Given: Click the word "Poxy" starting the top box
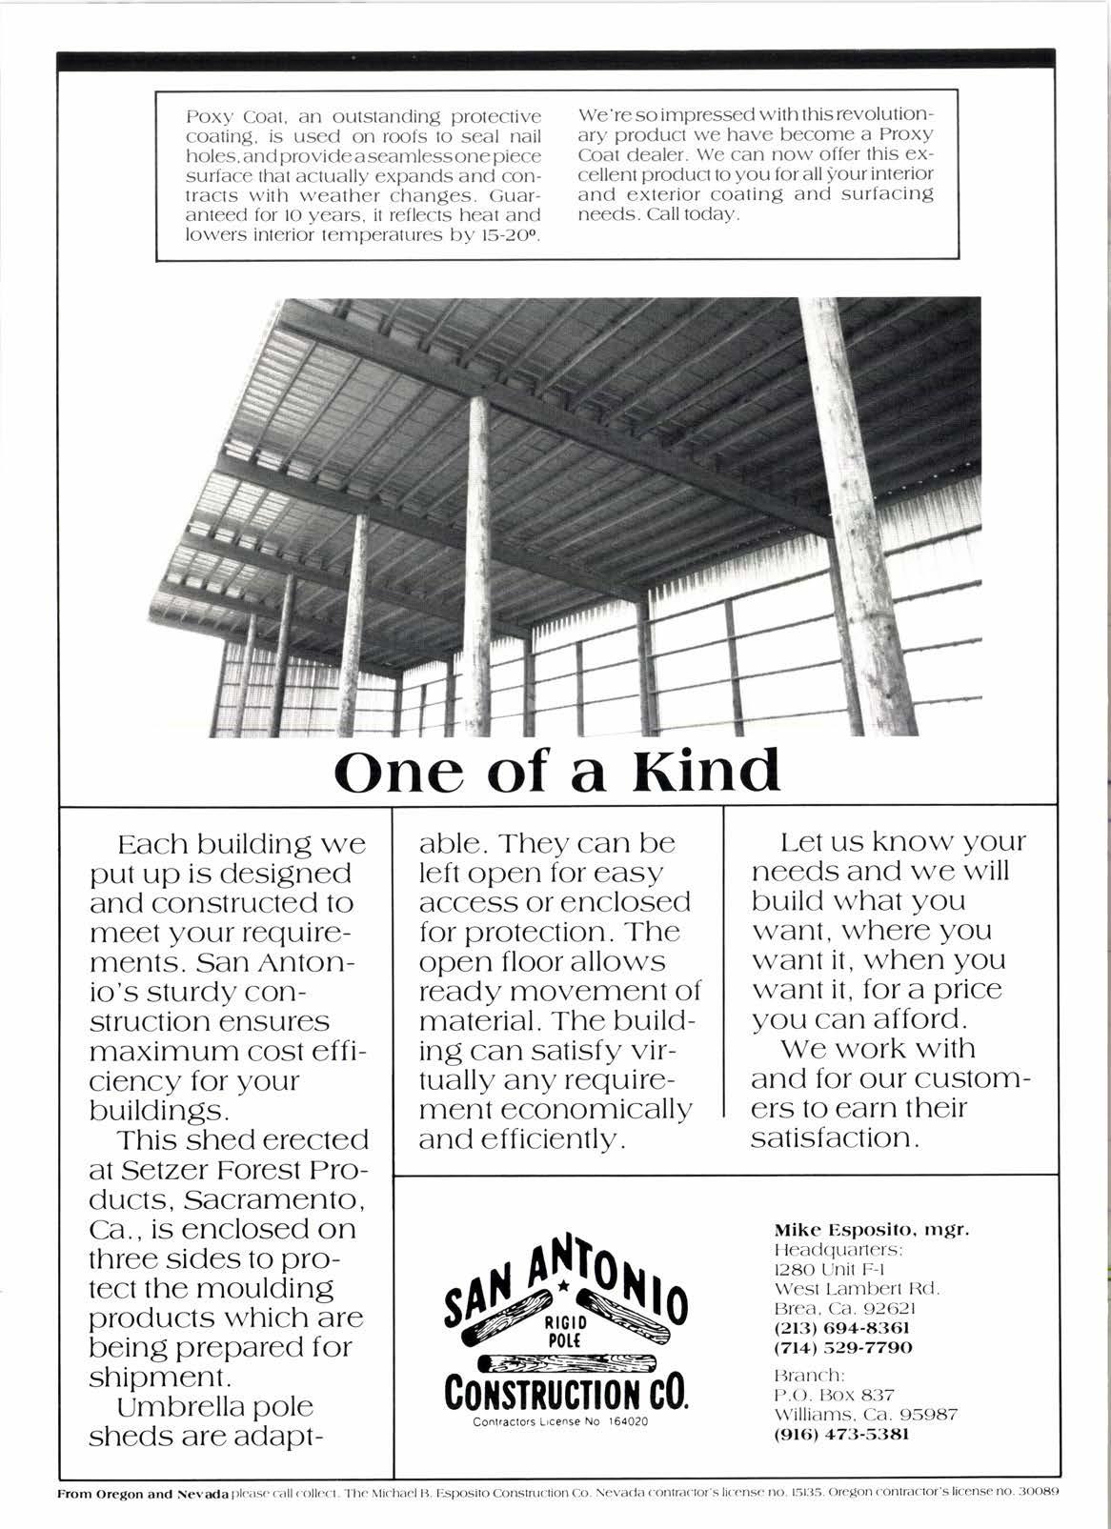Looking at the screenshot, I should (x=204, y=116).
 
